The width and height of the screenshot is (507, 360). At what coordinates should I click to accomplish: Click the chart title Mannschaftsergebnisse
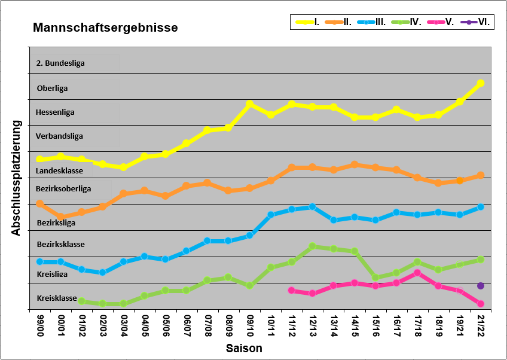(x=105, y=28)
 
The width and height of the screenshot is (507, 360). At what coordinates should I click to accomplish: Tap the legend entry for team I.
(x=308, y=22)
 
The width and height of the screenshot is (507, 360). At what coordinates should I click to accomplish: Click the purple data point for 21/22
(x=481, y=286)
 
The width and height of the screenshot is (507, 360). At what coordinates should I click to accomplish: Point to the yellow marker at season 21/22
(x=481, y=83)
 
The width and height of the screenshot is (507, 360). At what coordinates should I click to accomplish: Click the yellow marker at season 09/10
(x=249, y=104)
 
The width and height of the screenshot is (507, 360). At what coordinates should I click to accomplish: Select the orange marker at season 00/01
(x=60, y=216)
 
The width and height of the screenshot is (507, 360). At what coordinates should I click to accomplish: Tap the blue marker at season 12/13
(x=312, y=207)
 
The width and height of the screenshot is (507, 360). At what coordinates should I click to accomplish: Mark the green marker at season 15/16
(x=375, y=277)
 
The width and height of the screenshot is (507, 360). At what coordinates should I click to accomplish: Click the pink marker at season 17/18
(x=417, y=273)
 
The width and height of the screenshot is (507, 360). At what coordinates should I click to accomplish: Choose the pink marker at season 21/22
(x=481, y=304)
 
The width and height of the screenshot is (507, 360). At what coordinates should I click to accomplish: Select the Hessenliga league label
(x=55, y=112)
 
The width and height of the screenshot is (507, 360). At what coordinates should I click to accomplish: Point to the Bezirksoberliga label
(x=63, y=188)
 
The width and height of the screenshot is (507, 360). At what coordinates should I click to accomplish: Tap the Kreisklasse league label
(x=57, y=298)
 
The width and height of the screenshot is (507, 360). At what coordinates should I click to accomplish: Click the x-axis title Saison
(x=243, y=348)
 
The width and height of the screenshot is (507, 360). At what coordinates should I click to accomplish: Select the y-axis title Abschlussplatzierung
(x=16, y=178)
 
